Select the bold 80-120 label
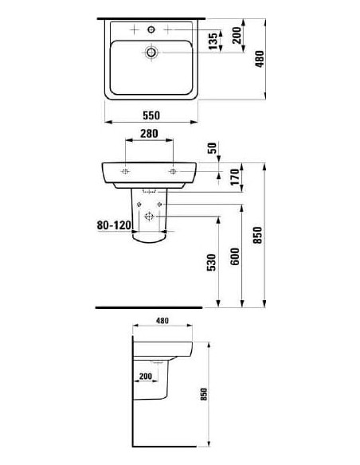coord(112,225)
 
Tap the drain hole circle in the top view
coord(151,52)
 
